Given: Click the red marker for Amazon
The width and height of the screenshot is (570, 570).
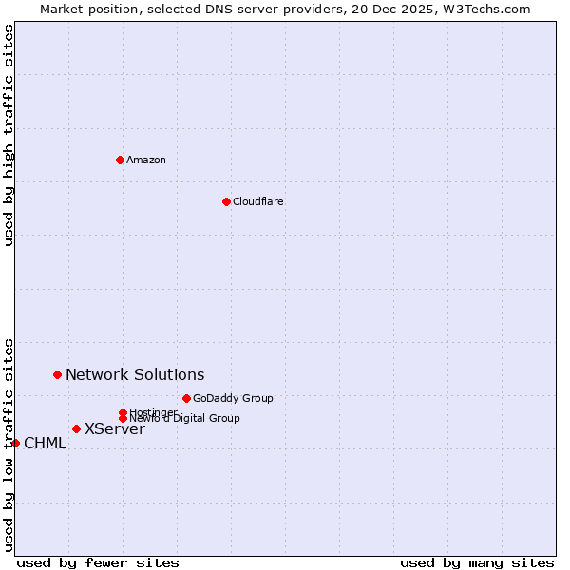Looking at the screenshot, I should click(x=120, y=160).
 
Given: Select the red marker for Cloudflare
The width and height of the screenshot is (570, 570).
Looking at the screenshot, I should click(x=226, y=201).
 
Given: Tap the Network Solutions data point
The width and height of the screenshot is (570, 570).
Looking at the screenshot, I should click(x=57, y=375).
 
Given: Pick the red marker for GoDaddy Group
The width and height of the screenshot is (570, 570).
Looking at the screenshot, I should click(x=186, y=398).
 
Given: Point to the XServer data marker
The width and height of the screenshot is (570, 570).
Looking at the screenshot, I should click(x=76, y=428).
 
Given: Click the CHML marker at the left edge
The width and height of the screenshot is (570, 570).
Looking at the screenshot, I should click(x=15, y=443).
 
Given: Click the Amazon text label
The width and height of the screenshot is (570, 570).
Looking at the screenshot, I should click(x=146, y=160).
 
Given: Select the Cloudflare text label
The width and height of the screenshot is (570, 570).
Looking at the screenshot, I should click(x=258, y=201).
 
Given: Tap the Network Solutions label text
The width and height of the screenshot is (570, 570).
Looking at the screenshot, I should click(x=135, y=375).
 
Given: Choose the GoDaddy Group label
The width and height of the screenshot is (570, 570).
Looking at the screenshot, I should click(x=233, y=398).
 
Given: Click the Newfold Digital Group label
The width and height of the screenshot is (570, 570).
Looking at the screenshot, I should click(x=185, y=418).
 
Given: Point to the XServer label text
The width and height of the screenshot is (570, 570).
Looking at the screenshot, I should click(x=115, y=429).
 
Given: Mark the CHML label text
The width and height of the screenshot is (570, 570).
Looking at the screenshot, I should click(x=45, y=444).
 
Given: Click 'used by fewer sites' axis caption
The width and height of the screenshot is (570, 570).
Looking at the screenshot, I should click(x=98, y=562).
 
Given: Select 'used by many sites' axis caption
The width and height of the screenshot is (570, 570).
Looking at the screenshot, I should click(x=477, y=562).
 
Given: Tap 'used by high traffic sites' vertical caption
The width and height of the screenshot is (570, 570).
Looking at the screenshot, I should click(x=9, y=135).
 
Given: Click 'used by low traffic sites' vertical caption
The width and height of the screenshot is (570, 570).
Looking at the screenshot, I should click(x=9, y=444).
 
